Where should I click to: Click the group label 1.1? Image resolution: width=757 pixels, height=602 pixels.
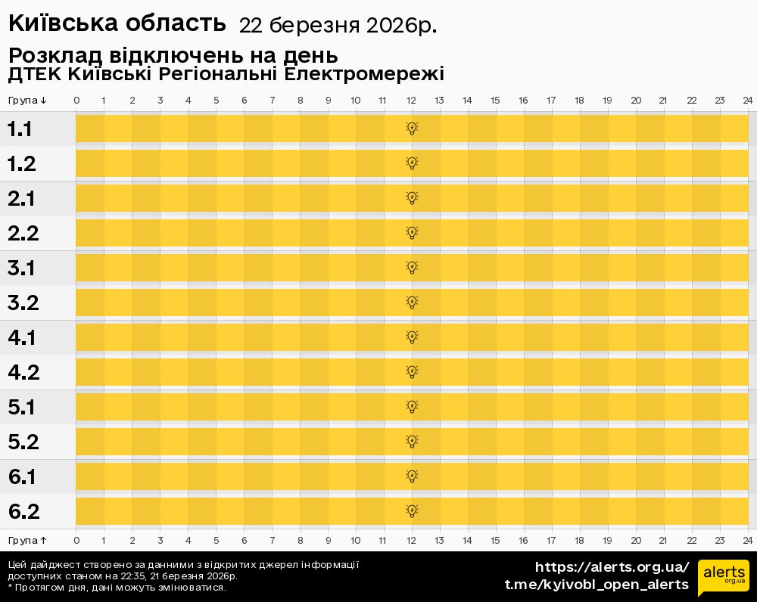tap(20, 129)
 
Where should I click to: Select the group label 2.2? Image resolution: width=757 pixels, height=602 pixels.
tap(23, 234)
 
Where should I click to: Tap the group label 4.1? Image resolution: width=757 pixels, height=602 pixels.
tap(22, 338)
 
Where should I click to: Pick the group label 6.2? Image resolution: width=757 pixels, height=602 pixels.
tap(23, 512)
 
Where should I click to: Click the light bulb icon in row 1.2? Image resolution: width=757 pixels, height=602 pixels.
tap(412, 163)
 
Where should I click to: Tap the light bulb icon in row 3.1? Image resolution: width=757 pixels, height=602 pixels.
tap(412, 267)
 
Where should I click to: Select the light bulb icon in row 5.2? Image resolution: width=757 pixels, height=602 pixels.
tap(412, 441)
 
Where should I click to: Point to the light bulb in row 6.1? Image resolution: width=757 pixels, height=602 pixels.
tap(412, 476)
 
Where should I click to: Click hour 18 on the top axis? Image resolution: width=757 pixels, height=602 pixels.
tap(579, 101)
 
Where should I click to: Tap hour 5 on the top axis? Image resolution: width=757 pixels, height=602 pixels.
tap(216, 101)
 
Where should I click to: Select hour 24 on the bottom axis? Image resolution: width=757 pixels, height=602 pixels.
tap(747, 540)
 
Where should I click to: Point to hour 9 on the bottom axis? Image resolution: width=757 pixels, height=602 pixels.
tap(328, 540)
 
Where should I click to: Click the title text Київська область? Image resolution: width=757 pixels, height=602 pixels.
tap(117, 23)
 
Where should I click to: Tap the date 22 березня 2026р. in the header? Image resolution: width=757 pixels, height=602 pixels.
tap(338, 26)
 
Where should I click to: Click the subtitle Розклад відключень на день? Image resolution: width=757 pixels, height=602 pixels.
tap(173, 56)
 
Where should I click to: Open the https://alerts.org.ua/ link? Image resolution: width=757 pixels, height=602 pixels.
tap(612, 567)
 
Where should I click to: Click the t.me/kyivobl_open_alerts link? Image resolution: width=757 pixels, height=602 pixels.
tap(597, 585)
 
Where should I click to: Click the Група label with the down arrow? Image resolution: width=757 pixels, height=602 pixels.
tap(28, 101)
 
